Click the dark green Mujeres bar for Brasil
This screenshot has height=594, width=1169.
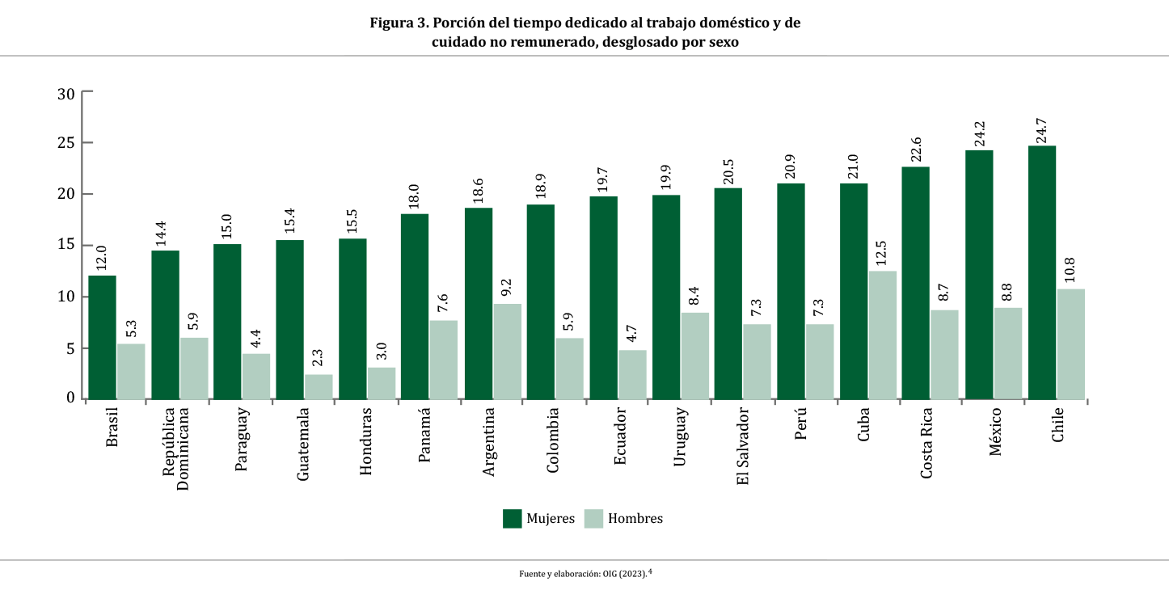[102, 337]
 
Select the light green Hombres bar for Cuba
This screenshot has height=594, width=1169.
[882, 335]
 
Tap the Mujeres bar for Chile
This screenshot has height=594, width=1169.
[1041, 272]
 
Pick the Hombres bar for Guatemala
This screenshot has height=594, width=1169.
[319, 386]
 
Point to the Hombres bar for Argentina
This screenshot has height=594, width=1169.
[507, 351]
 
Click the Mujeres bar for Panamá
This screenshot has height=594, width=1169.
[415, 306]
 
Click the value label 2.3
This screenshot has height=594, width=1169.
[319, 359]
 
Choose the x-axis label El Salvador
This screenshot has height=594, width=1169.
[743, 445]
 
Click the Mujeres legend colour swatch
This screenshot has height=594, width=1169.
[512, 519]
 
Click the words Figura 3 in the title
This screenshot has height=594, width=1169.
[399, 23]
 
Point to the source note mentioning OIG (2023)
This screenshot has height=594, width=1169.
[584, 574]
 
